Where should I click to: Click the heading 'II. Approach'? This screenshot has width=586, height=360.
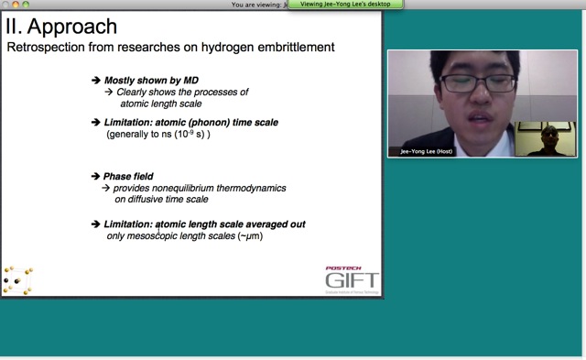pos(60,26)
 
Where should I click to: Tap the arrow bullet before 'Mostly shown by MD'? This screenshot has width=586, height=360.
pos(96,81)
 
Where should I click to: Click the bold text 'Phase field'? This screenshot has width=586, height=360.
pos(128,176)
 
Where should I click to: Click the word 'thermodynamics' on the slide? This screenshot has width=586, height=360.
pos(253,188)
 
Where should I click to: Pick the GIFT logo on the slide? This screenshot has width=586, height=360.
pos(352,280)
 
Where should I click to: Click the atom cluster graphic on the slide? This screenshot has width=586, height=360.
pos(17,279)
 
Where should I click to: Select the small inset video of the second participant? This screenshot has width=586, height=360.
pos(546,138)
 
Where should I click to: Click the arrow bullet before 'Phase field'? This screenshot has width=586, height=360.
pos(96,176)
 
